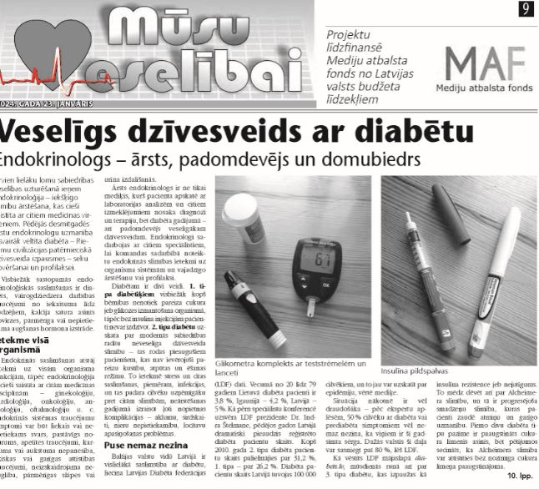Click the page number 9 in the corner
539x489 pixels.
(x=526, y=9)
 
